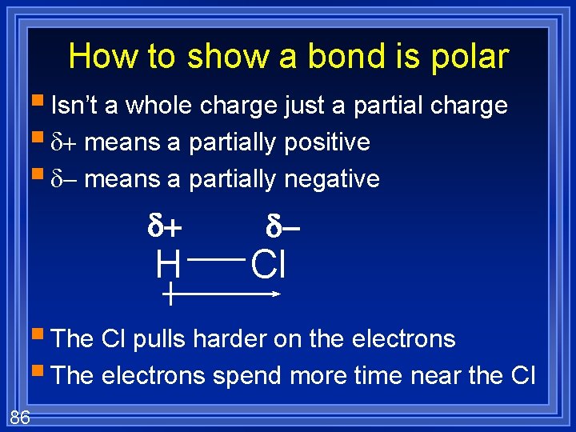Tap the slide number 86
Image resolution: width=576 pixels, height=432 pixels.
20,415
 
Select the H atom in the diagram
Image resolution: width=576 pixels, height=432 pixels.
169,265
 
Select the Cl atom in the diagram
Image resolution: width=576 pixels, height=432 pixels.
269,265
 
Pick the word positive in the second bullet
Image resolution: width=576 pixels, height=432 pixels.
328,142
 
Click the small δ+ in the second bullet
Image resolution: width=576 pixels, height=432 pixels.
64,143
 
